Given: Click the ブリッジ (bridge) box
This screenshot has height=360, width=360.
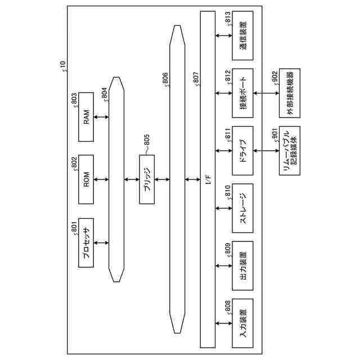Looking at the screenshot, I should [x=147, y=180].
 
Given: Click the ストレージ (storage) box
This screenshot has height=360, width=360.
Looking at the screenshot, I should [x=242, y=208].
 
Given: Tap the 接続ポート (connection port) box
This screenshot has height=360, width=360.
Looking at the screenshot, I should [x=242, y=93].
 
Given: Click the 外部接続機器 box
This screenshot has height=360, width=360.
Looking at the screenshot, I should [x=290, y=93].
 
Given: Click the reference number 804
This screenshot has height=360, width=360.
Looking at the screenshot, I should [x=105, y=93].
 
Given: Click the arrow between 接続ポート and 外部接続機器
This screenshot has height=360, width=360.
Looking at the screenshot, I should [x=266, y=93].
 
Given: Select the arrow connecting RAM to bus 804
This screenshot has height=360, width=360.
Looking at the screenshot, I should [x=102, y=118].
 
